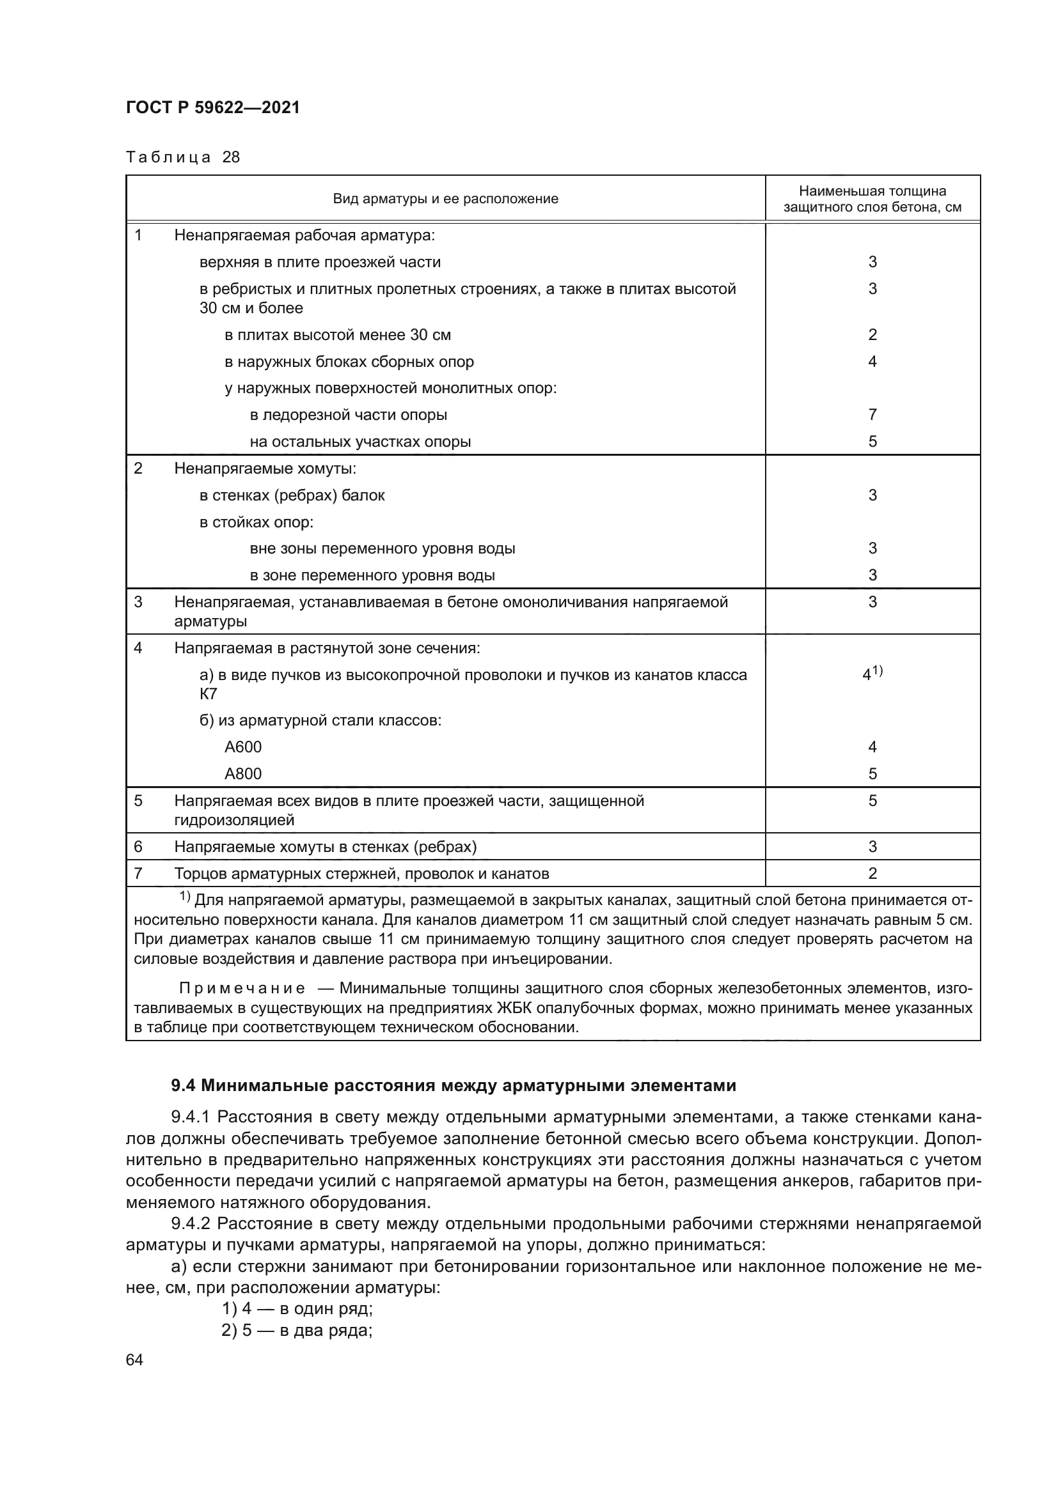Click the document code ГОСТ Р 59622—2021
click(x=213, y=108)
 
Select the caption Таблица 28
click(x=183, y=158)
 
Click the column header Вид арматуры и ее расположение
click(x=445, y=199)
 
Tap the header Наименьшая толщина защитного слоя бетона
click(x=872, y=199)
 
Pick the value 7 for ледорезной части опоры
click(x=872, y=415)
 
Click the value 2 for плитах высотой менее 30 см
click(x=872, y=335)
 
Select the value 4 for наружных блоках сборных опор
click(x=872, y=361)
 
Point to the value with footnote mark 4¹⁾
click(x=872, y=674)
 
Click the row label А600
click(x=243, y=747)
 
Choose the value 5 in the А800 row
click(x=872, y=773)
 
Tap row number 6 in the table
click(x=138, y=846)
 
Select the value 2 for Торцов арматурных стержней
click(x=872, y=874)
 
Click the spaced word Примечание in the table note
click(x=242, y=988)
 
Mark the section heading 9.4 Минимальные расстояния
click(x=454, y=1085)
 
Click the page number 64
click(x=134, y=1360)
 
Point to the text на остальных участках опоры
click(x=360, y=442)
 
